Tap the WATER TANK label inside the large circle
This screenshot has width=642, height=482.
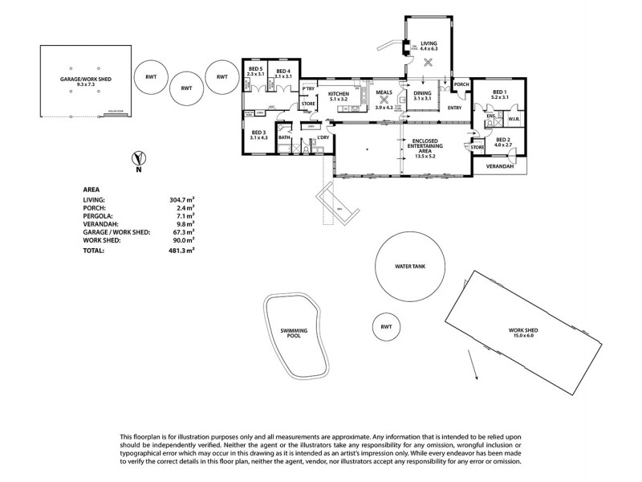pyautogui.click(x=413, y=267)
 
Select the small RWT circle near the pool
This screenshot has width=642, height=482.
pyautogui.click(x=386, y=328)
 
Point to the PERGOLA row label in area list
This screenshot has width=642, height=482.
pyautogui.click(x=99, y=216)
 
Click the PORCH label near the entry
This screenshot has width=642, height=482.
pyautogui.click(x=461, y=84)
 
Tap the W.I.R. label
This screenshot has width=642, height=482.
pyautogui.click(x=514, y=120)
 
